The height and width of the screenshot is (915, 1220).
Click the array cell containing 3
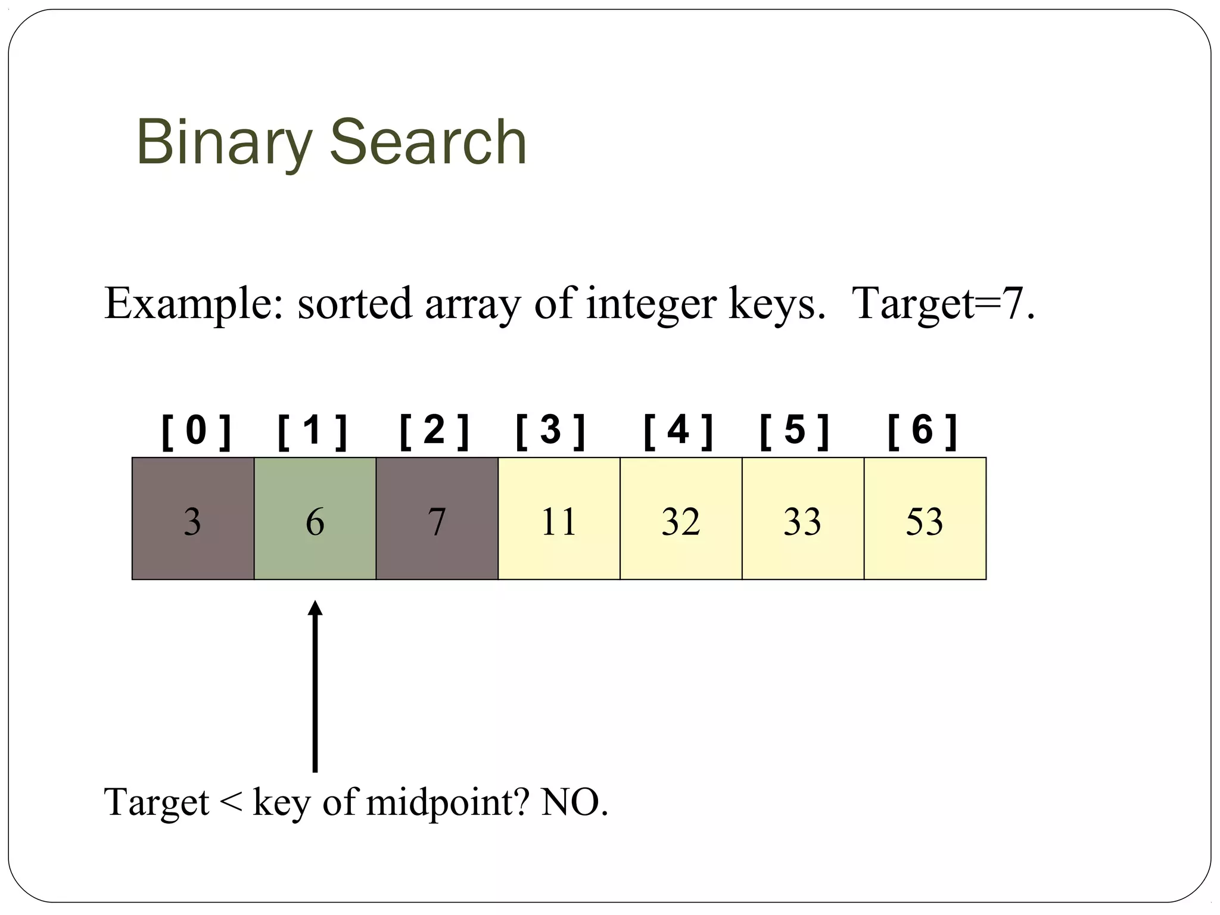click(193, 518)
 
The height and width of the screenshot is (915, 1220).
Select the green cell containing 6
click(315, 518)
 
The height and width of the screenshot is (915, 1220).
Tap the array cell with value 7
click(437, 518)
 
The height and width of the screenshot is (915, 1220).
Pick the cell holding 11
click(559, 518)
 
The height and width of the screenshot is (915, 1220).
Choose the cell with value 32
click(681, 518)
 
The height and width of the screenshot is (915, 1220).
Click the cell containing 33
click(803, 518)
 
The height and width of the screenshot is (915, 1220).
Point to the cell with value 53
click(925, 518)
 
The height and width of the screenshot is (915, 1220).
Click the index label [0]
click(196, 431)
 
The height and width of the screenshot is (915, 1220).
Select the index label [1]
click(313, 431)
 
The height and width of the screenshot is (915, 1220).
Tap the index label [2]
click(434, 431)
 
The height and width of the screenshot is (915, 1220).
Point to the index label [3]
click(550, 431)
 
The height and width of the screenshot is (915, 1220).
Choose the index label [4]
click(679, 431)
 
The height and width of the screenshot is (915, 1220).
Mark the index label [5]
click(795, 431)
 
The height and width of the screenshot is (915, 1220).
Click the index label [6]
click(922, 431)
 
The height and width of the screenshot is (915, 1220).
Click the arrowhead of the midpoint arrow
click(315, 609)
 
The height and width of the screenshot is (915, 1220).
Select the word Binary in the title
click(225, 143)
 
